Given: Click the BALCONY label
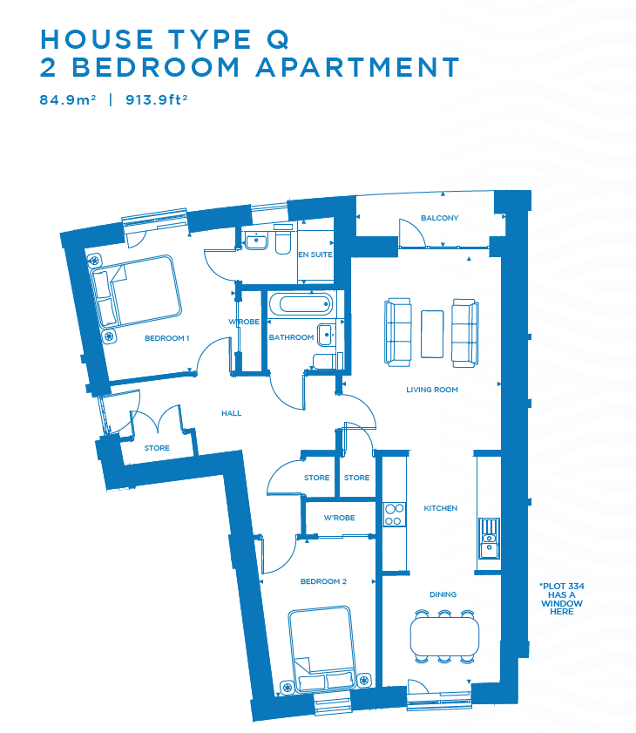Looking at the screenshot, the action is point(439,218).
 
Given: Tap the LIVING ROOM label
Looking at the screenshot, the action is point(432,390).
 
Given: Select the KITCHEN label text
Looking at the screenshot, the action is point(440,508).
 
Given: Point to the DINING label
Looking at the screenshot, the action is point(443,594).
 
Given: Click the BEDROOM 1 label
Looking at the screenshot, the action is point(166,338).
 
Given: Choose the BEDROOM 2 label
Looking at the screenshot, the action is point(323,581).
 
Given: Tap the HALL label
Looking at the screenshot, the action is point(232,413).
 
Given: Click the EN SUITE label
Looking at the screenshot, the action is point(315,255).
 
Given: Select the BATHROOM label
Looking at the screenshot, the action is point(291,337).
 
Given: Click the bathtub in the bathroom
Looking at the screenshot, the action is point(301,304).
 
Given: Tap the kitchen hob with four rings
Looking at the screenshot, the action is point(394,514).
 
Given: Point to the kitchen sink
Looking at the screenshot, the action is point(489,538).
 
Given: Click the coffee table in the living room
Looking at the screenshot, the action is point(432,334).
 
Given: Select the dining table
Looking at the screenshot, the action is point(444,636).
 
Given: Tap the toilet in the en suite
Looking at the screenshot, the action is point(283,240).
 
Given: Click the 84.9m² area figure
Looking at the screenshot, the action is point(68,99).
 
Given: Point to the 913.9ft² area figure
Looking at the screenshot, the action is point(157,99).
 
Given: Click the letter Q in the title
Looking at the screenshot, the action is point(278,39).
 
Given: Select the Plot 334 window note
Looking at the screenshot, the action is point(562,599).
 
